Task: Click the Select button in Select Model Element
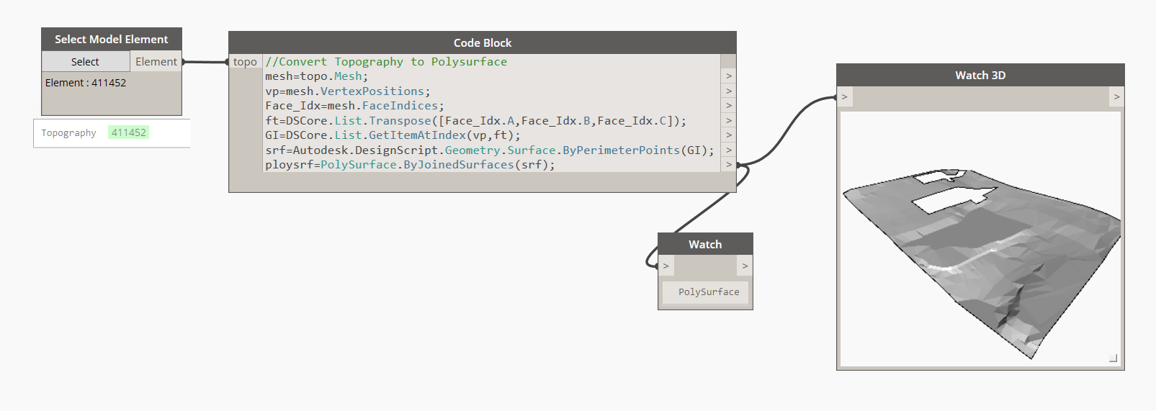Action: click(85, 62)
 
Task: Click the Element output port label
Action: click(156, 62)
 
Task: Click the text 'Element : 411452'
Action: click(86, 83)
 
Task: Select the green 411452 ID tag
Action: click(129, 132)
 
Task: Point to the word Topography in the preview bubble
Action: click(68, 133)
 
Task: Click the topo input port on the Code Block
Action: click(245, 62)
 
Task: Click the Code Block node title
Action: click(482, 43)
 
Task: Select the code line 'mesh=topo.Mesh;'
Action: click(316, 76)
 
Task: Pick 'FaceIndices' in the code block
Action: click(400, 106)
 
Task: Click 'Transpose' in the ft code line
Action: click(400, 121)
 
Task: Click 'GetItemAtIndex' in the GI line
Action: click(417, 135)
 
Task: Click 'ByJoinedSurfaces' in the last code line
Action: click(459, 165)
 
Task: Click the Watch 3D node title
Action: click(980, 76)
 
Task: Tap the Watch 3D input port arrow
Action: click(845, 96)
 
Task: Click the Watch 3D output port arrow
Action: click(1116, 96)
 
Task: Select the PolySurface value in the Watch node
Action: click(709, 292)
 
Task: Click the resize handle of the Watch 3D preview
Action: click(1113, 358)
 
